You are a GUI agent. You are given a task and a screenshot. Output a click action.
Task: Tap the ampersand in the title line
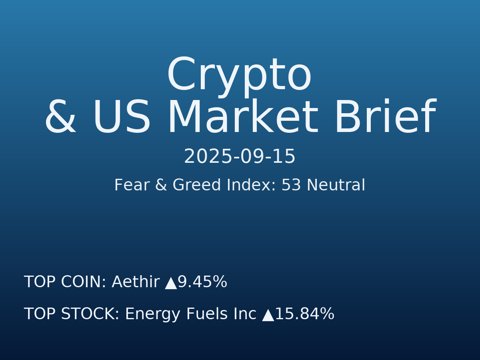(60, 118)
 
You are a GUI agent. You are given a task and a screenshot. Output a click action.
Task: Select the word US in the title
(122, 118)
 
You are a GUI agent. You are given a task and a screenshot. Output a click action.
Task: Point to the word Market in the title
(242, 118)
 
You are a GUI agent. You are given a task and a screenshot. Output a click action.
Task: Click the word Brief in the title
(384, 118)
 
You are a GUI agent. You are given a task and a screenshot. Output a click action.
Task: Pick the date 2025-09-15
(240, 157)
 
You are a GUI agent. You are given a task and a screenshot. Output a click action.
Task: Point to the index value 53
(291, 186)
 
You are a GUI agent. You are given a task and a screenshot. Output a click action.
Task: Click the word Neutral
(336, 186)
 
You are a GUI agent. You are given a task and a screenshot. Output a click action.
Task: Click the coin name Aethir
(135, 282)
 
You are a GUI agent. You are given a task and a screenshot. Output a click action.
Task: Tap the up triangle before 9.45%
(171, 283)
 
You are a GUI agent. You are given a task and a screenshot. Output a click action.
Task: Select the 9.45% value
(202, 282)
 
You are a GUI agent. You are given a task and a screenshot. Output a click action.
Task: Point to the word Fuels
(206, 314)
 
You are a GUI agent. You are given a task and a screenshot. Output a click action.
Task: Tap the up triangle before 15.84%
(268, 315)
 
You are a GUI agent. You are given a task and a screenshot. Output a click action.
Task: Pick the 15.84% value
(304, 314)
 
